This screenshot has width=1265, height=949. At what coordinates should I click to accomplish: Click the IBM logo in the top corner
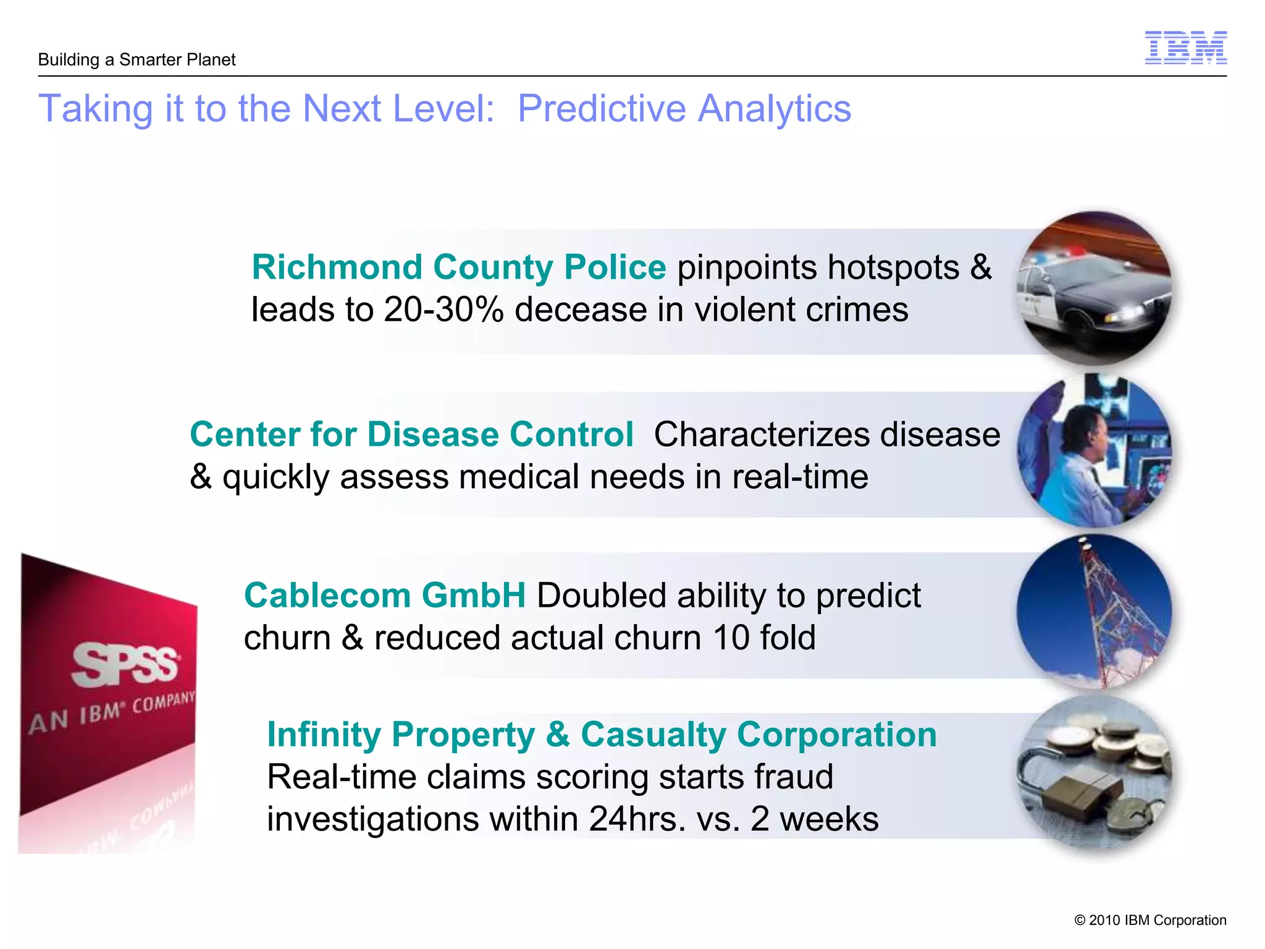[x=1185, y=48]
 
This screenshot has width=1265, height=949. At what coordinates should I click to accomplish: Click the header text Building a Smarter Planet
[x=137, y=60]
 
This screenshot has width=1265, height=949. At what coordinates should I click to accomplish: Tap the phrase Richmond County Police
[x=458, y=268]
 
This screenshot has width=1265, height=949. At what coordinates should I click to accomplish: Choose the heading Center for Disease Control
[x=411, y=434]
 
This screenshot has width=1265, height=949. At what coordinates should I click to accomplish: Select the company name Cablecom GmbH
[x=384, y=596]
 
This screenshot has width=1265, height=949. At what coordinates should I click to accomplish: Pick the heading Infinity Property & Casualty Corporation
[x=602, y=735]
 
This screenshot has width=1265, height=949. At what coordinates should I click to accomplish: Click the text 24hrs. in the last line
[x=637, y=819]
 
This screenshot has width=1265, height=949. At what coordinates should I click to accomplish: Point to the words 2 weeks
[x=814, y=819]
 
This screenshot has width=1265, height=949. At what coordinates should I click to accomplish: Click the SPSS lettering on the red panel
[x=125, y=665]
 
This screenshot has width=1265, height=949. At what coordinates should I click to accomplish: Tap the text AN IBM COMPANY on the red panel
[x=111, y=712]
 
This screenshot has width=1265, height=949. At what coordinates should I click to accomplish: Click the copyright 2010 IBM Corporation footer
[x=1150, y=920]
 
